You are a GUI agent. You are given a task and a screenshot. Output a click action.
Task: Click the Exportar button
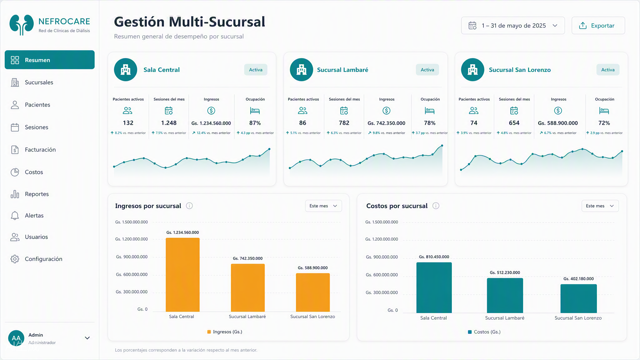(x=598, y=26)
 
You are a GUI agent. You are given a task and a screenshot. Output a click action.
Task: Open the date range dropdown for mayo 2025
(x=513, y=26)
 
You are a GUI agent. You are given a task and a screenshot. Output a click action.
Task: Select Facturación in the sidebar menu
(x=40, y=150)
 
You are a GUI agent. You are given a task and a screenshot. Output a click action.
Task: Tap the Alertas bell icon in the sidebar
(x=15, y=216)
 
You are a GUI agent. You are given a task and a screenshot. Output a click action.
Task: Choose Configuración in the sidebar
(x=43, y=259)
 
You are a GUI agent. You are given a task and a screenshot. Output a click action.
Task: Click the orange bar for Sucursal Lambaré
(x=248, y=288)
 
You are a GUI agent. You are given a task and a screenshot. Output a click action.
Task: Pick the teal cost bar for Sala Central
(x=434, y=287)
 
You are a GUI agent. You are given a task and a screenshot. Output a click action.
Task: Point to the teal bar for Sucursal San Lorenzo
(x=578, y=298)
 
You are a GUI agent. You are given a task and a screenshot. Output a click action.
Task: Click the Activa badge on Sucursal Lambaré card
(x=427, y=70)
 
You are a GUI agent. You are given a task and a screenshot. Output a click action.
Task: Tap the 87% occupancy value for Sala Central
(x=255, y=123)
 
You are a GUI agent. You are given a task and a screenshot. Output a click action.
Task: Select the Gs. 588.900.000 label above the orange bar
(x=312, y=268)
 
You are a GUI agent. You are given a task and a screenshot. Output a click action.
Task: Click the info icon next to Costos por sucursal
(x=436, y=206)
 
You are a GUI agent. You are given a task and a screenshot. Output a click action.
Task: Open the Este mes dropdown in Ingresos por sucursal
(x=323, y=206)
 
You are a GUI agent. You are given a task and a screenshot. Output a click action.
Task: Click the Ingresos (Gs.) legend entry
(x=225, y=332)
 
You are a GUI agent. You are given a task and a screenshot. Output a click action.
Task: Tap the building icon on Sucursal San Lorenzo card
(x=472, y=70)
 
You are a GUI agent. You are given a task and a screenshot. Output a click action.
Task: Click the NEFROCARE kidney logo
(x=22, y=25)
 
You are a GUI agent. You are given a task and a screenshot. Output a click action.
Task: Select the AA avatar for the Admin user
(x=16, y=338)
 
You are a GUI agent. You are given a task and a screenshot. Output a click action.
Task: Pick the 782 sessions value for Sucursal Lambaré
(x=344, y=123)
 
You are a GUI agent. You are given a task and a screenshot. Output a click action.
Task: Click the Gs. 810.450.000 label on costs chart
(x=434, y=257)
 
